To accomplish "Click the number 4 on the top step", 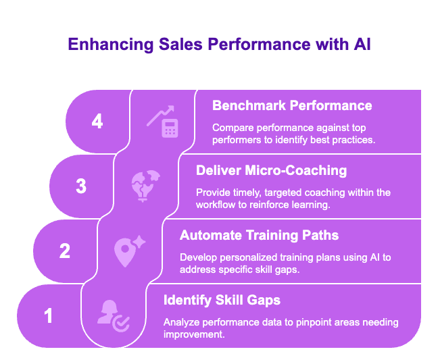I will [97, 122].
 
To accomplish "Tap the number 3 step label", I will [81, 186].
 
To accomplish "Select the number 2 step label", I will [65, 251].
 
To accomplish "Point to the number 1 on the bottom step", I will [49, 315].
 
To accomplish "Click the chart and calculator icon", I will [162, 122].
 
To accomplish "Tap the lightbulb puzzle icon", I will [145, 186].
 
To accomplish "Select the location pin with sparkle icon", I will [128, 251].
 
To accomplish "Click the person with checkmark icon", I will [112, 315].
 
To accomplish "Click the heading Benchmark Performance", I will [292, 105].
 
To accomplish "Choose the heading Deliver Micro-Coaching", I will [272, 170].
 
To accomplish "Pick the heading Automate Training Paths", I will [259, 235].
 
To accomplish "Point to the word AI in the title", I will [360, 45].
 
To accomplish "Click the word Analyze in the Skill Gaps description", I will [181, 322].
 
